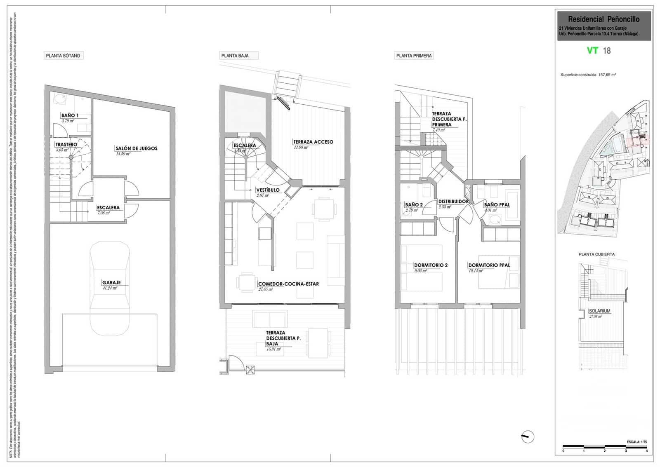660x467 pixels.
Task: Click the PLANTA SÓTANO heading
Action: pyautogui.click(x=63, y=56)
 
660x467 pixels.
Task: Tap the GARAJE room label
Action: pyautogui.click(x=111, y=283)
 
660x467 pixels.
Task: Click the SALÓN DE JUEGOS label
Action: pyautogui.click(x=136, y=148)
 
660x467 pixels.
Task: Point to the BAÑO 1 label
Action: pyautogui.click(x=70, y=115)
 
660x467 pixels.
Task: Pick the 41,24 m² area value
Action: pyautogui.click(x=110, y=289)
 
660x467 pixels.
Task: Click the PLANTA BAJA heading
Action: pyautogui.click(x=235, y=56)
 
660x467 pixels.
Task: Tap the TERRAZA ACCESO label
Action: pyautogui.click(x=313, y=142)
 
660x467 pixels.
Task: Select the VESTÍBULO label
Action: pyautogui.click(x=268, y=190)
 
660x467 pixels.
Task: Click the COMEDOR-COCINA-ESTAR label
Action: pyautogui.click(x=288, y=284)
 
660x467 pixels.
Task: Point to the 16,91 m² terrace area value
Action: pyautogui.click(x=273, y=349)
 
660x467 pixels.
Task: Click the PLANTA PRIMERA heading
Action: pyautogui.click(x=414, y=56)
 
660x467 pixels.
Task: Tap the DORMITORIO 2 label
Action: pyautogui.click(x=431, y=265)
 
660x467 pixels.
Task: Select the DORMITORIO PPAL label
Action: pyautogui.click(x=489, y=265)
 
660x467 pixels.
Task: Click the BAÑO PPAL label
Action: pyautogui.click(x=497, y=205)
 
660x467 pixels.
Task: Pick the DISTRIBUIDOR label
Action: pyautogui.click(x=453, y=202)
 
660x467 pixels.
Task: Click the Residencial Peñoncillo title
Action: pyautogui.click(x=603, y=19)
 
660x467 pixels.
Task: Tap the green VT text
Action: pyautogui.click(x=593, y=51)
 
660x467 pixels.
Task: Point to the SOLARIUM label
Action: pyautogui.click(x=599, y=311)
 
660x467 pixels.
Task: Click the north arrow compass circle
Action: pyautogui.click(x=528, y=436)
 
